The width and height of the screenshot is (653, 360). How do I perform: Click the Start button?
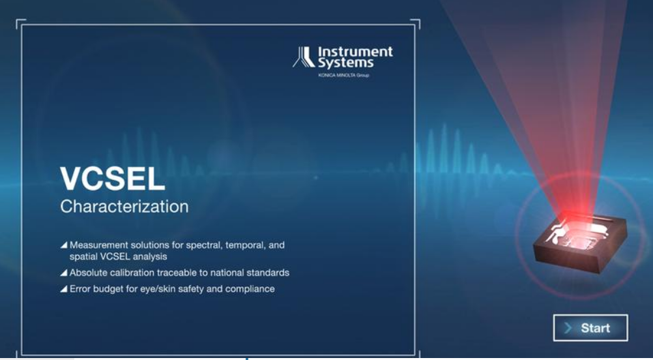click(590, 328)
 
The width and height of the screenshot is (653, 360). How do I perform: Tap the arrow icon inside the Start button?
click(568, 328)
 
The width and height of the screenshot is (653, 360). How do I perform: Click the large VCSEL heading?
click(113, 179)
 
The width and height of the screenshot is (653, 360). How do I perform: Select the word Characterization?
click(124, 207)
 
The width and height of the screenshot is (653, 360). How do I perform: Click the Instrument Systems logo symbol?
click(304, 57)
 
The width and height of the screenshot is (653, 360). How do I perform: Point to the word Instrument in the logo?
click(355, 52)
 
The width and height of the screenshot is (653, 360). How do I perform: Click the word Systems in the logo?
click(345, 63)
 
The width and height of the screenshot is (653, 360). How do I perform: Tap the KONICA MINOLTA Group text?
click(343, 75)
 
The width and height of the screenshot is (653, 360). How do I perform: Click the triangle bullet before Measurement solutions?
click(64, 245)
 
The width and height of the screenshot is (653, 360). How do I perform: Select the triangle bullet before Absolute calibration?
click(64, 273)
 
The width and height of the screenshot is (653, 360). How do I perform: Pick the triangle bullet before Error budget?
click(64, 289)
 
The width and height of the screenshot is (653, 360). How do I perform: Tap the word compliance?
click(250, 289)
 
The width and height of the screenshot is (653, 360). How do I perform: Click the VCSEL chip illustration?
click(580, 242)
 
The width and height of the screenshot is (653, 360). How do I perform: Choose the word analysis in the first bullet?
click(150, 257)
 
